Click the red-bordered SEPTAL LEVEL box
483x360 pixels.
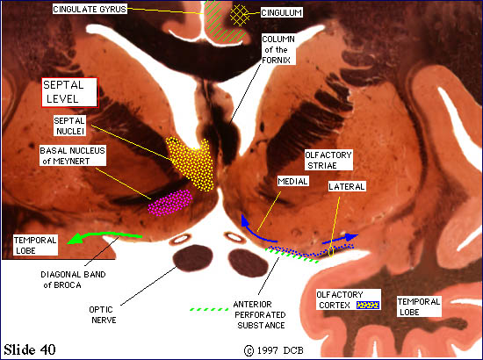(70, 92)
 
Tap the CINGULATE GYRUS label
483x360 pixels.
(90, 9)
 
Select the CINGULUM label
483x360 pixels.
(281, 12)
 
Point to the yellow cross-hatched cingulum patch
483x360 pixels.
(240, 15)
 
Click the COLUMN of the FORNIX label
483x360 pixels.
(278, 49)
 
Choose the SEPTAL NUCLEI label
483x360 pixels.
(69, 126)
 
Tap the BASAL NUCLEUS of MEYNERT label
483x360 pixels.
(72, 155)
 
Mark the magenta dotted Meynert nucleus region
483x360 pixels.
(169, 202)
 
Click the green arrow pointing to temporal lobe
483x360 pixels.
(105, 236)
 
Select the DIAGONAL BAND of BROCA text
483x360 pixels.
(73, 279)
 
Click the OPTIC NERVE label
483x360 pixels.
(103, 314)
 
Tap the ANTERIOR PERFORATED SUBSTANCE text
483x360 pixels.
(260, 314)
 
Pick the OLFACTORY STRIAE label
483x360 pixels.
(328, 160)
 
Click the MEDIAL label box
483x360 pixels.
(292, 181)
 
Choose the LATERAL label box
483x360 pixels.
(347, 186)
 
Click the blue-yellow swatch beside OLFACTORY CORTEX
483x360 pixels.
(368, 305)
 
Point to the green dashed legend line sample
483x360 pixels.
(209, 309)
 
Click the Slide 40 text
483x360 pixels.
(30, 349)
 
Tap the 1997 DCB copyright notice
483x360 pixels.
(274, 350)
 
